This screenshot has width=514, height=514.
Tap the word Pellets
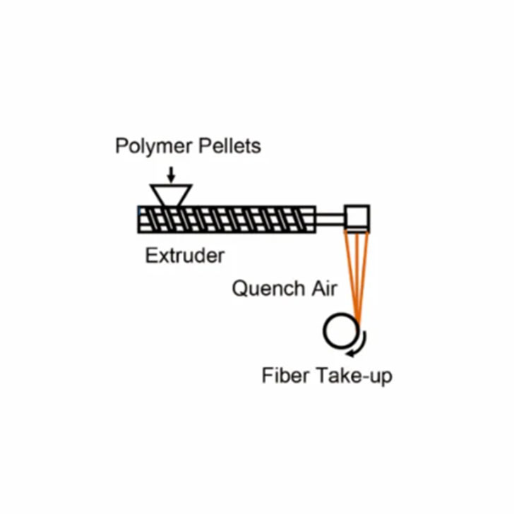click(x=230, y=146)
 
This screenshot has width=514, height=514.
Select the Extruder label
click(x=185, y=256)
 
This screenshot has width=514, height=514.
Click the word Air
click(x=324, y=289)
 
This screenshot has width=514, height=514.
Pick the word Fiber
click(x=285, y=376)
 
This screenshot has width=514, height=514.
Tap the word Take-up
click(x=354, y=376)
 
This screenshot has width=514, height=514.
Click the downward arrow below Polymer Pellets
click(x=171, y=174)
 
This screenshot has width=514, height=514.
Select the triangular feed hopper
click(x=171, y=196)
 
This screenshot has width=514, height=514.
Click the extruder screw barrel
click(x=227, y=220)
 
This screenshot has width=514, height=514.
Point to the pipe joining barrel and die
click(x=330, y=220)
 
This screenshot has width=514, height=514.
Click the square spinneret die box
click(x=357, y=219)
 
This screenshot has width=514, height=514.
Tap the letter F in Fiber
click(x=267, y=376)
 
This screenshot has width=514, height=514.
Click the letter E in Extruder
click(x=151, y=256)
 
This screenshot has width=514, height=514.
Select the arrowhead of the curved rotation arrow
click(x=350, y=353)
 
